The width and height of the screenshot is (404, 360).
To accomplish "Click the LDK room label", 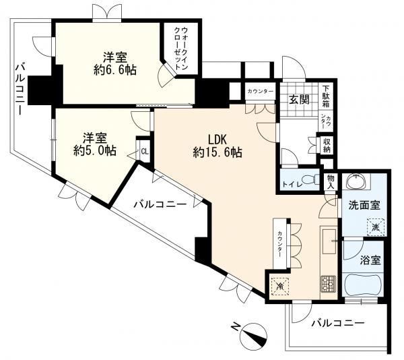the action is pyautogui.click(x=217, y=140).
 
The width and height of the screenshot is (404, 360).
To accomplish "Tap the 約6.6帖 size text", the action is pyautogui.click(x=115, y=70).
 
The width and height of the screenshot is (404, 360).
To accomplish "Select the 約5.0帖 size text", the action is pyautogui.click(x=94, y=151).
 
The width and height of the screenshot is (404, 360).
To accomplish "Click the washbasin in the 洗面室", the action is pyautogui.click(x=356, y=181).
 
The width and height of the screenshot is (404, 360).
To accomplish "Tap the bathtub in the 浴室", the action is pyautogui.click(x=363, y=284).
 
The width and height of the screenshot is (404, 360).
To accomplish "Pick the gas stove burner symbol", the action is pyautogui.click(x=329, y=283).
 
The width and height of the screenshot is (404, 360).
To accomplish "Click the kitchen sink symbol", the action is pyautogui.click(x=329, y=241).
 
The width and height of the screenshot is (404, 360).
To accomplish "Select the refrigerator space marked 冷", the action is pyautogui.click(x=280, y=286).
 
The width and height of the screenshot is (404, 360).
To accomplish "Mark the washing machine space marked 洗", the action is pyautogui.click(x=376, y=227).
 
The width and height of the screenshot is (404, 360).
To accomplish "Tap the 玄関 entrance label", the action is pyautogui.click(x=299, y=99).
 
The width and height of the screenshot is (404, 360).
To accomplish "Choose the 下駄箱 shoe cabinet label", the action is pyautogui.click(x=326, y=97).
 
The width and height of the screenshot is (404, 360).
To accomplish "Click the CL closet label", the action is pyautogui.click(x=145, y=152).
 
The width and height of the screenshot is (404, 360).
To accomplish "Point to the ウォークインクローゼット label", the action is pyautogui.click(x=181, y=48).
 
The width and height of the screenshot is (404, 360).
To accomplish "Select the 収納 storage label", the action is pyautogui.click(x=327, y=145).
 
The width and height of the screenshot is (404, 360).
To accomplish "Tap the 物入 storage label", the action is pyautogui.click(x=331, y=182).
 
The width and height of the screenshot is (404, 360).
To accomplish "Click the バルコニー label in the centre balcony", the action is pyautogui.click(x=160, y=205).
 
